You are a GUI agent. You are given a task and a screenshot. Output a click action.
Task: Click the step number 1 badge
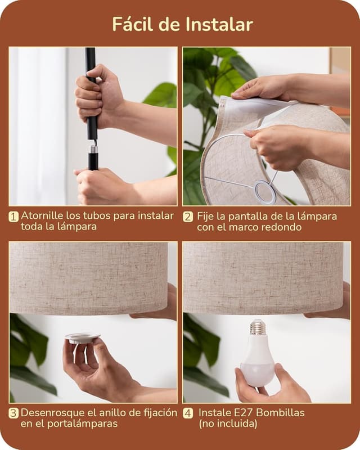coord(13,216)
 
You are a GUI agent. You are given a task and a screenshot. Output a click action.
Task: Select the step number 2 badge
coord(188,216)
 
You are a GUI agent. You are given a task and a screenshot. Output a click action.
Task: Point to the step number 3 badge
coord(13,413)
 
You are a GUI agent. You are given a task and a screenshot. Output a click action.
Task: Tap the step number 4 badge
coord(188,413)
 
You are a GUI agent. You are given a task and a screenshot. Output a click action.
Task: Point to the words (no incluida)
coord(227,424)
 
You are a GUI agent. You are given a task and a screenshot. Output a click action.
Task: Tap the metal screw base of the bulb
coord(258,327)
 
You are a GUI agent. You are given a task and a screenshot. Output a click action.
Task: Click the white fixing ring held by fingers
coord(82,337)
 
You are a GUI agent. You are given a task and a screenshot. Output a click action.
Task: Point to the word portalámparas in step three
coord(70,424)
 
